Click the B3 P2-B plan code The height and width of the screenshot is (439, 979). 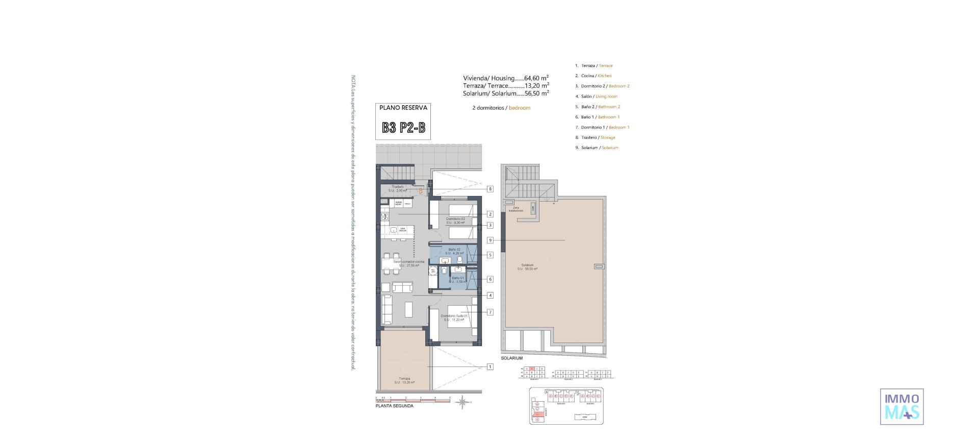pyautogui.click(x=403, y=128)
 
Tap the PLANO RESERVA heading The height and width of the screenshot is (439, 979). pyautogui.click(x=403, y=108)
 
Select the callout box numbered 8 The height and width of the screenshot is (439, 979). pyautogui.click(x=490, y=189)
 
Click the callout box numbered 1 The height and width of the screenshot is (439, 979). pyautogui.click(x=490, y=367)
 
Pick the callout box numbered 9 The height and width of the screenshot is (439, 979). pyautogui.click(x=490, y=240)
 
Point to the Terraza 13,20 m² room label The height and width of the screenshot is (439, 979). pyautogui.click(x=404, y=380)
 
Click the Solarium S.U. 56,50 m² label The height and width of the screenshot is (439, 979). pyautogui.click(x=527, y=266)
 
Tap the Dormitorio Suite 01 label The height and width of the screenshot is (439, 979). pyautogui.click(x=454, y=318)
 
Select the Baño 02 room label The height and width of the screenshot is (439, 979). pyautogui.click(x=454, y=251)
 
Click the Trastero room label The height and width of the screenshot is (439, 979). pyautogui.click(x=398, y=188)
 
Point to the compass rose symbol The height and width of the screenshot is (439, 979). pyautogui.click(x=462, y=403)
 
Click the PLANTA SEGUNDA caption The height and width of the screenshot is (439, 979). pyautogui.click(x=394, y=406)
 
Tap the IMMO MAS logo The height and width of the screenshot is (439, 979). pyautogui.click(x=901, y=406)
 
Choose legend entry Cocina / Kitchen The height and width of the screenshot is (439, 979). pyautogui.click(x=596, y=76)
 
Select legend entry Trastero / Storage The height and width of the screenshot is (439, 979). pyautogui.click(x=598, y=137)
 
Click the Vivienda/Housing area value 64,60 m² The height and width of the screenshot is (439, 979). pyautogui.click(x=536, y=78)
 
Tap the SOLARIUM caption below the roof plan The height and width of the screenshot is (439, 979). pyautogui.click(x=511, y=358)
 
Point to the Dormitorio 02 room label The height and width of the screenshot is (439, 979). pyautogui.click(x=455, y=221)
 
